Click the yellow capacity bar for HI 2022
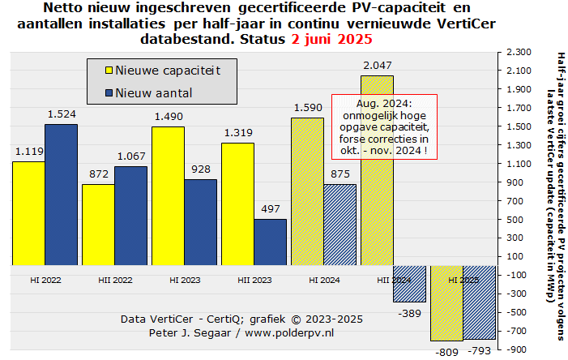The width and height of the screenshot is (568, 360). tap(28, 213)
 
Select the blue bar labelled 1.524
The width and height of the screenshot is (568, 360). tap(61, 195)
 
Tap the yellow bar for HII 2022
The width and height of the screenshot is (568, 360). tap(98, 225)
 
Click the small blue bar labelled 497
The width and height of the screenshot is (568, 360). tap(270, 242)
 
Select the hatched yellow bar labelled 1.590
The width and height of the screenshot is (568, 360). tap(307, 191)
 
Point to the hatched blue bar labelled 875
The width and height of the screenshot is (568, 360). tap(340, 225)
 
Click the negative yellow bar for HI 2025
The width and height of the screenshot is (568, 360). tap(446, 302)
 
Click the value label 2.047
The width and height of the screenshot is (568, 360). tap(378, 65)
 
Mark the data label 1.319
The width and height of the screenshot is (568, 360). tap(237, 134)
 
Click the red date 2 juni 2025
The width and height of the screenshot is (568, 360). tap(333, 38)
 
